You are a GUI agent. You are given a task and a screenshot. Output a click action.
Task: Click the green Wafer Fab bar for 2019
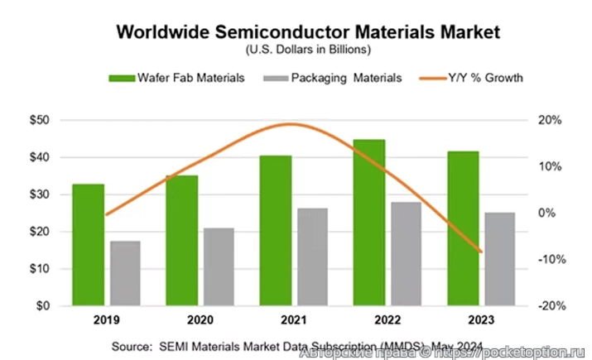pos(88,245)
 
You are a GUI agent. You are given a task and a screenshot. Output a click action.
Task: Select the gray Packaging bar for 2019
pos(125,273)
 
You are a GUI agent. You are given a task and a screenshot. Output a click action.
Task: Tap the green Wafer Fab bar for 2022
pos(368,223)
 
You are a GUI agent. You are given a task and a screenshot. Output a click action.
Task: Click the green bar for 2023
pos(462,228)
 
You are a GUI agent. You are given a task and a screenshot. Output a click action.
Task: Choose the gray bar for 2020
pos(219,267)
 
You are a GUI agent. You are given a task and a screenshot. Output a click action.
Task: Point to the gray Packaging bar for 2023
pos(499,259)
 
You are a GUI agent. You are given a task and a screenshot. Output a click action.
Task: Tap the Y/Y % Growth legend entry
pos(472,78)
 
